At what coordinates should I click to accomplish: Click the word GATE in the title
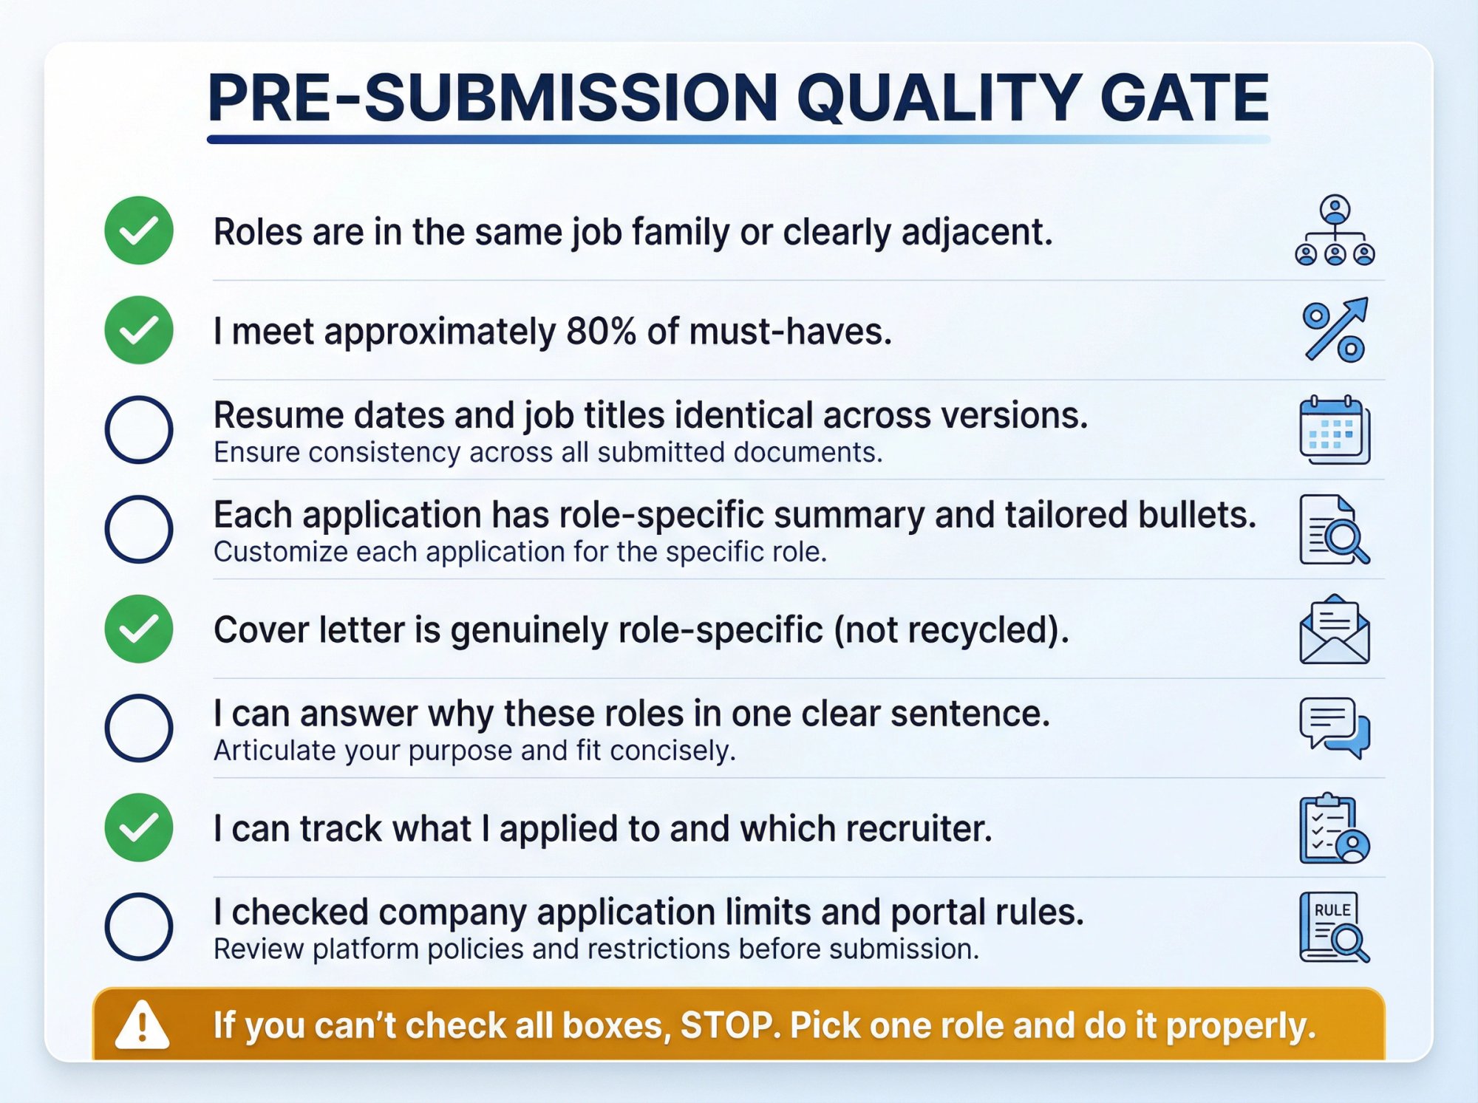[x=1184, y=98]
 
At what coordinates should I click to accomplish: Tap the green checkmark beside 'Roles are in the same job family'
[x=139, y=230]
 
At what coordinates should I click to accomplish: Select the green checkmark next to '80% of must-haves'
[x=139, y=330]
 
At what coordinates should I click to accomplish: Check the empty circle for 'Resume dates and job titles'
[x=139, y=430]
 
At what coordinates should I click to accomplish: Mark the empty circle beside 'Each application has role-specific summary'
[x=139, y=530]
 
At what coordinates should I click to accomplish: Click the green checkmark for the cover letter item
[x=139, y=629]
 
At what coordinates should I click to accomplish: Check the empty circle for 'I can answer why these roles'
[x=139, y=728]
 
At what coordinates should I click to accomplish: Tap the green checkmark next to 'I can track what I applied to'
[x=139, y=827]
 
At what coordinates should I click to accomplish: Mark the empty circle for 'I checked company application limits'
[x=139, y=927]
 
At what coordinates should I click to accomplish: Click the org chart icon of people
[x=1335, y=230]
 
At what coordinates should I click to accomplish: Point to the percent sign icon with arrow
[x=1335, y=330]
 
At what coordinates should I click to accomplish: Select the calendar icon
[x=1335, y=430]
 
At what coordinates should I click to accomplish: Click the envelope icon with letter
[x=1335, y=629]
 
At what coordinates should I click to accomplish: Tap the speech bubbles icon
[x=1335, y=728]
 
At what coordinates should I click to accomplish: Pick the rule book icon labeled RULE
[x=1335, y=927]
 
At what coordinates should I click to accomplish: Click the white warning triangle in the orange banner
[x=143, y=1025]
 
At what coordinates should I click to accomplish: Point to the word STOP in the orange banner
[x=727, y=1025]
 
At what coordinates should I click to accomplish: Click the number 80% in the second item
[x=601, y=331]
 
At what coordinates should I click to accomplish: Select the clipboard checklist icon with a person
[x=1335, y=828]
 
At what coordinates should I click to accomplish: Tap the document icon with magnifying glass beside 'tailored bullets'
[x=1335, y=530]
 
